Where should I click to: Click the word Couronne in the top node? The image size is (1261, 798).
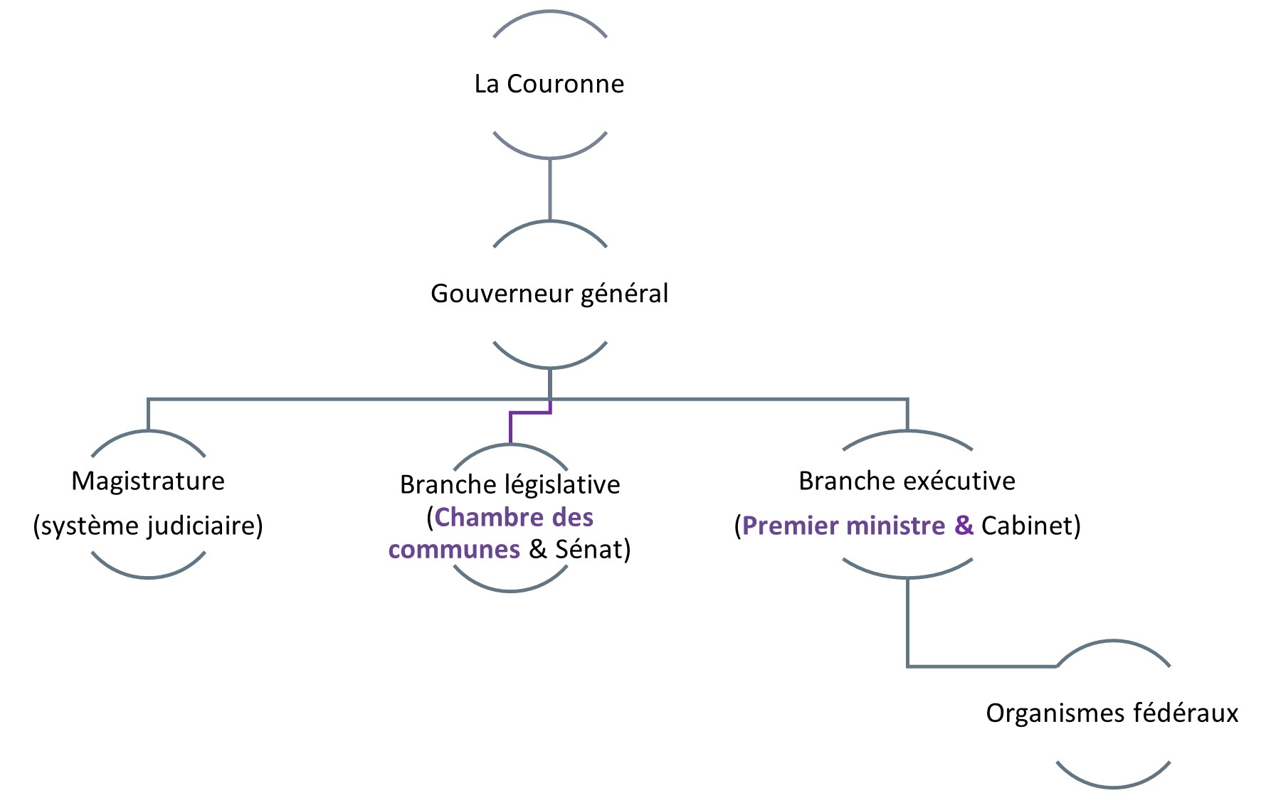point(565,84)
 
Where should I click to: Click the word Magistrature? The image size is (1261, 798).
point(148,482)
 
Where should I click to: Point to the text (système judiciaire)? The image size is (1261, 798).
point(148,526)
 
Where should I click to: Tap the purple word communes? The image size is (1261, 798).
point(454,550)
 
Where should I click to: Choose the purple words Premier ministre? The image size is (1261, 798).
point(843,526)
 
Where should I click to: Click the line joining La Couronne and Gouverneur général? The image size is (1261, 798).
point(550,189)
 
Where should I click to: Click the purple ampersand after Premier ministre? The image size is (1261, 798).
point(964,526)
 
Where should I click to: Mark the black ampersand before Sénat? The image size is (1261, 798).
point(538,550)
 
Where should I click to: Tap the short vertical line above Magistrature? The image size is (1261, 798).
point(148,415)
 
